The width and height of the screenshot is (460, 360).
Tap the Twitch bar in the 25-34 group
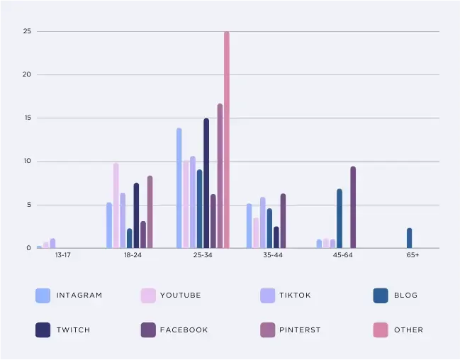point(206,184)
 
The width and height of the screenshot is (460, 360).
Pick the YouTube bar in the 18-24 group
point(116,206)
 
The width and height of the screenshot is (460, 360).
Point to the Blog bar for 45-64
point(340,219)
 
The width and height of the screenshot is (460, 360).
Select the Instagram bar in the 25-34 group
point(179,189)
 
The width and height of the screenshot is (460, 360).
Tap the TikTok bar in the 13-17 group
point(52,244)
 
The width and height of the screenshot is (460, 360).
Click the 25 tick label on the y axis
point(27,31)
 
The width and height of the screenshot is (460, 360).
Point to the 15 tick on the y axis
point(27,118)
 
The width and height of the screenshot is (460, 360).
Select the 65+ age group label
point(413,254)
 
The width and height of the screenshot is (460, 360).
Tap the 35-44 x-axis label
point(272,254)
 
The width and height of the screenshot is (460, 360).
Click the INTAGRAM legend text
point(79,296)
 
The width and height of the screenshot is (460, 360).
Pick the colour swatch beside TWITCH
point(43,330)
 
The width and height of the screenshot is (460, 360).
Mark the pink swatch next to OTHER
point(381,330)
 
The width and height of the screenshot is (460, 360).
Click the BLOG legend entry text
point(406,296)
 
